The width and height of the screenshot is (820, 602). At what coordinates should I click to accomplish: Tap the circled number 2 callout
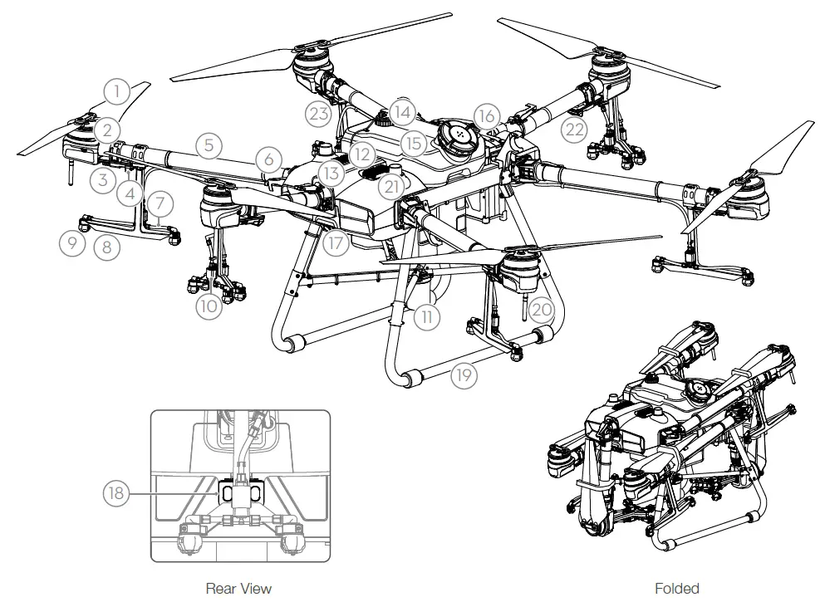point(106,129)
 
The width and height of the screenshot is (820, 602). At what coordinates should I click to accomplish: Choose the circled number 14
point(402,111)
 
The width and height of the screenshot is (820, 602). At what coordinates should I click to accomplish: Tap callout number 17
point(335,244)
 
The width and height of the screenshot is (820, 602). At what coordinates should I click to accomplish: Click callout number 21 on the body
point(391,184)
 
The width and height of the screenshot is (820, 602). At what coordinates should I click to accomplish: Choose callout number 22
point(573,128)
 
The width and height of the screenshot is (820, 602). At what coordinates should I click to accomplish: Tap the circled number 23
point(319,115)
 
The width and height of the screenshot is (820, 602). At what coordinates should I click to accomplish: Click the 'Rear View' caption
point(238,588)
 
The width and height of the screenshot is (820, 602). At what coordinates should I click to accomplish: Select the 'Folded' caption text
point(676,588)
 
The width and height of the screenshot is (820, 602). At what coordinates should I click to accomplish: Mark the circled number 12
point(360,153)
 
